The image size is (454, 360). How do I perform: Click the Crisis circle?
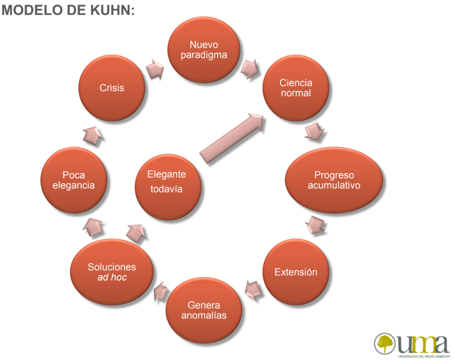coord(112,88)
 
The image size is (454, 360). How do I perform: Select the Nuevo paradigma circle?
coord(204,50)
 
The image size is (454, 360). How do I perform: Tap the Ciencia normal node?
coord(296,88)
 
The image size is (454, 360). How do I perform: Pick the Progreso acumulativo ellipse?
coord(334,180)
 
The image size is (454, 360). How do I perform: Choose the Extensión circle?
coord(296,272)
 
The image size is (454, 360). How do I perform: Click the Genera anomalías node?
coord(204,310)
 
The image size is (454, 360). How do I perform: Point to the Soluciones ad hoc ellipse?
coord(112,272)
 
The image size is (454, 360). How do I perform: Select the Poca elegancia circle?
coord(73,180)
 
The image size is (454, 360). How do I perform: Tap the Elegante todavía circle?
coord(168,187)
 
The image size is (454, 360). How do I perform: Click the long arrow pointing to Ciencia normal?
coord(232,138)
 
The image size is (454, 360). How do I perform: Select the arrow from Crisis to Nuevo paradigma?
coord(155,69)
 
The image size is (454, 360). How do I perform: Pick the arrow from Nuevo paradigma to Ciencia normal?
coord(250,69)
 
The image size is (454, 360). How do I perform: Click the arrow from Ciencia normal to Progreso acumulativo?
coord(314,132)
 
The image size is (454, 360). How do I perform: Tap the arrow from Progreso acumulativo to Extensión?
coord(314,225)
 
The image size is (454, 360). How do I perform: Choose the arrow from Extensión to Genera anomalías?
coord(253,290)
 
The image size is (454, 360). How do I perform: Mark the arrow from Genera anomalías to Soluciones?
coord(160,292)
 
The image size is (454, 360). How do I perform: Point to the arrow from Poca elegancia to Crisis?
coord(93,135)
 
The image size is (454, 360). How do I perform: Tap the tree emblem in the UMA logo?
coord(385,343)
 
